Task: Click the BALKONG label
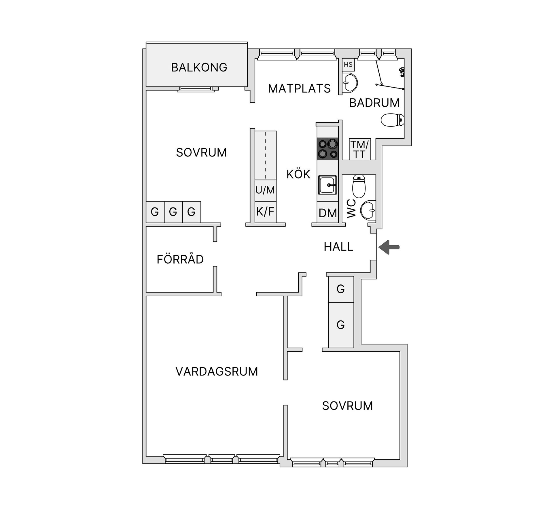click(x=199, y=67)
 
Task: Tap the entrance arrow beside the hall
click(x=389, y=247)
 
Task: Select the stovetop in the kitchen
click(x=328, y=149)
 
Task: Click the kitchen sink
click(x=327, y=185)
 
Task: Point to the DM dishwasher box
click(x=328, y=212)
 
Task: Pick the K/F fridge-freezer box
click(x=265, y=212)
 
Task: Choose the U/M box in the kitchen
click(x=265, y=190)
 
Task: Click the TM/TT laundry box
click(x=359, y=149)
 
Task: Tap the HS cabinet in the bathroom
click(x=348, y=65)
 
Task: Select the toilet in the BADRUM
click(x=392, y=120)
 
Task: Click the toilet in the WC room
click(x=359, y=186)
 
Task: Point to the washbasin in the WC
click(x=368, y=210)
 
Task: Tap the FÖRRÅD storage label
click(x=180, y=259)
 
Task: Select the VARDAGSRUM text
click(x=217, y=371)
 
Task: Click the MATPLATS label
click(x=299, y=88)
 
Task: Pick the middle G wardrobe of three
click(x=173, y=212)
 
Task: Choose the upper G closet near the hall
click(x=341, y=289)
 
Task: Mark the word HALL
click(x=338, y=247)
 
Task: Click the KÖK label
click(x=298, y=174)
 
